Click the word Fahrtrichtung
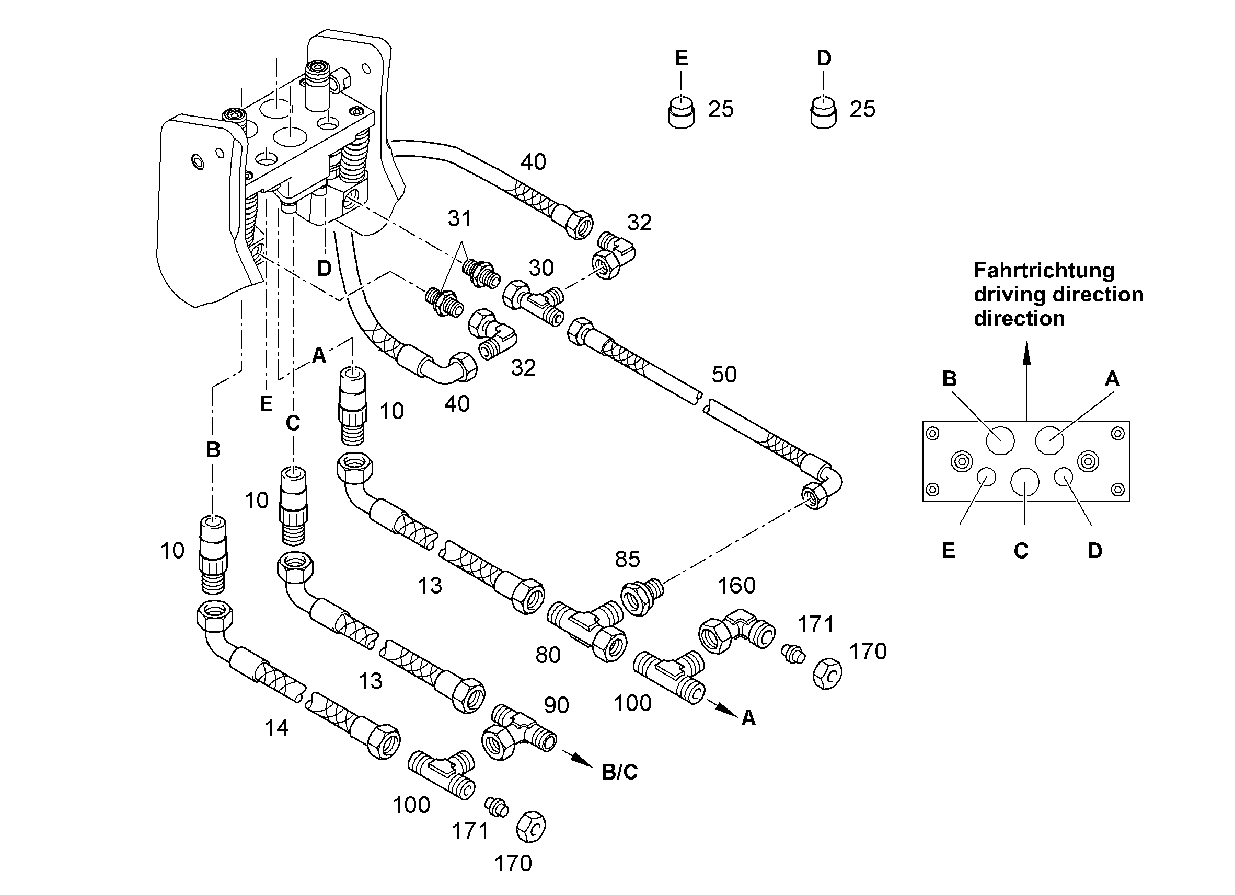point(1044,271)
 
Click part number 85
point(627,559)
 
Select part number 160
point(736,586)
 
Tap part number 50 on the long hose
point(724,375)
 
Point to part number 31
point(459,218)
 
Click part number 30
point(541,268)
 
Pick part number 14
point(276,728)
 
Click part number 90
point(556,705)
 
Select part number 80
point(548,656)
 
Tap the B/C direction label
point(619,772)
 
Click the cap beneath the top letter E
point(681,112)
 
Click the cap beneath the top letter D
point(823,112)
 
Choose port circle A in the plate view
point(1049,440)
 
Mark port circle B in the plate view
point(1000,440)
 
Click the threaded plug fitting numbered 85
point(642,596)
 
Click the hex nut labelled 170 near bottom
point(530,827)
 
